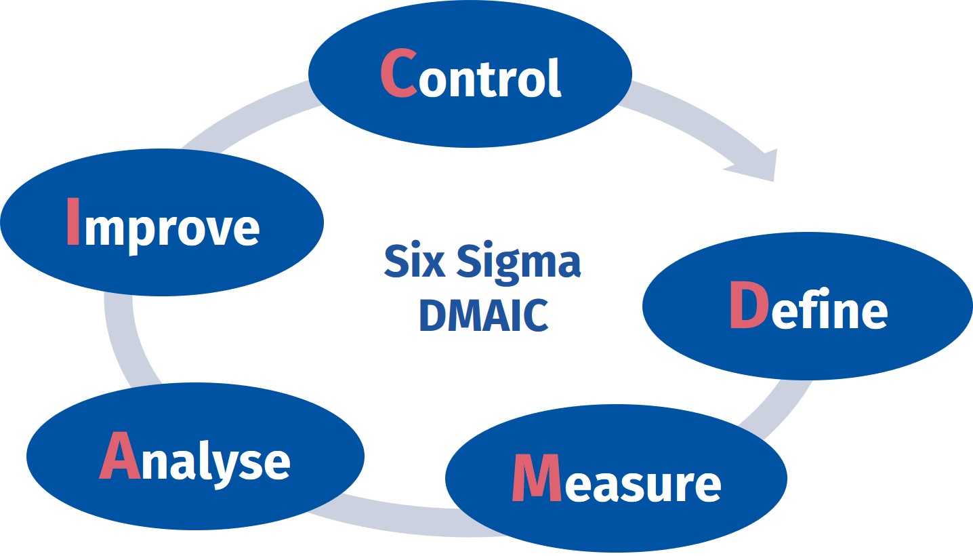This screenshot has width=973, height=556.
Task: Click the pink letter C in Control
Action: pos(398,73)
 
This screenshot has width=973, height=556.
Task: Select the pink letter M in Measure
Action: pos(535,477)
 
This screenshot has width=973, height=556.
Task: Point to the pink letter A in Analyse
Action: pos(120,455)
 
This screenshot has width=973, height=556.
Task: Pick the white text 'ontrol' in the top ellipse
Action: pos(489,78)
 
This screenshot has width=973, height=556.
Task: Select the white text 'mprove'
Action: pos(171,229)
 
